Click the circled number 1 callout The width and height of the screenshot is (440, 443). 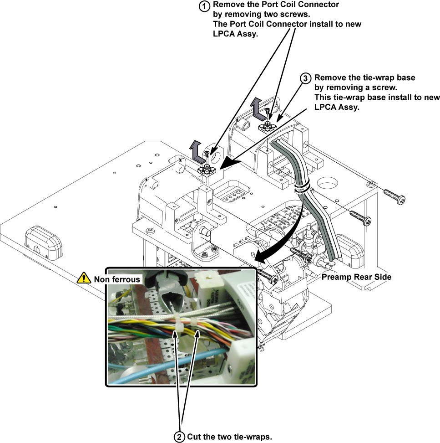[206, 6]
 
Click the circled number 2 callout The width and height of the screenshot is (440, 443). [180, 437]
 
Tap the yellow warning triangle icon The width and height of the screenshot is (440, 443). [84, 278]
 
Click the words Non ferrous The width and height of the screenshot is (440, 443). [116, 278]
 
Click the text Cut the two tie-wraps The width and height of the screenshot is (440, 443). [229, 437]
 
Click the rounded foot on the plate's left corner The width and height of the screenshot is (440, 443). [43, 242]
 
